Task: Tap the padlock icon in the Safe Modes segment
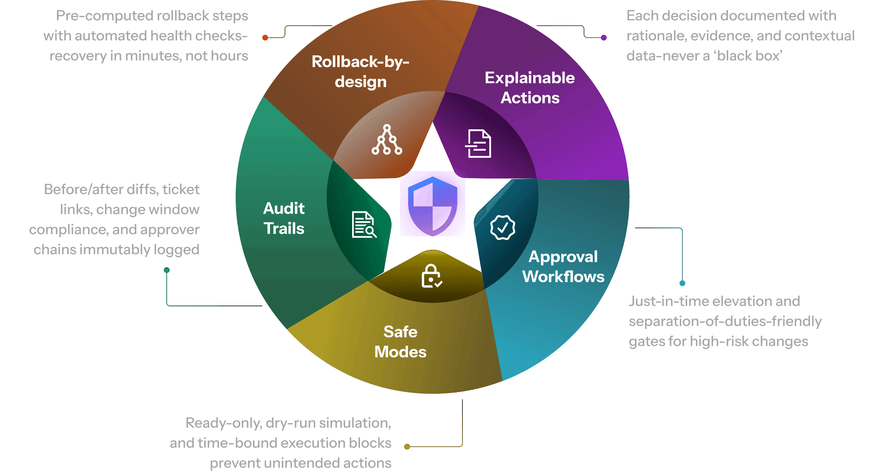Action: [432, 276]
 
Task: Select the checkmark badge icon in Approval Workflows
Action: [502, 227]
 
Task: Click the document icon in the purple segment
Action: [478, 143]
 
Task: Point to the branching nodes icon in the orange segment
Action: [387, 140]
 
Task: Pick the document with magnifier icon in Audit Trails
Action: [364, 224]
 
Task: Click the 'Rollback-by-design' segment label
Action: [361, 72]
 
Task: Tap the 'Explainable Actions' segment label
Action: [530, 88]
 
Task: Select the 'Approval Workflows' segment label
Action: [563, 266]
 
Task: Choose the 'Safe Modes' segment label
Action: [400, 342]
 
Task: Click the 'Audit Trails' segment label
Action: [284, 218]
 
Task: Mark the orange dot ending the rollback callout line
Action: [265, 38]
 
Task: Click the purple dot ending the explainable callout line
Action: [604, 38]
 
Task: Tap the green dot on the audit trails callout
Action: [167, 270]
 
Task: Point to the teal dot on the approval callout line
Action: [682, 283]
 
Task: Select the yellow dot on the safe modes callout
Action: [407, 447]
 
